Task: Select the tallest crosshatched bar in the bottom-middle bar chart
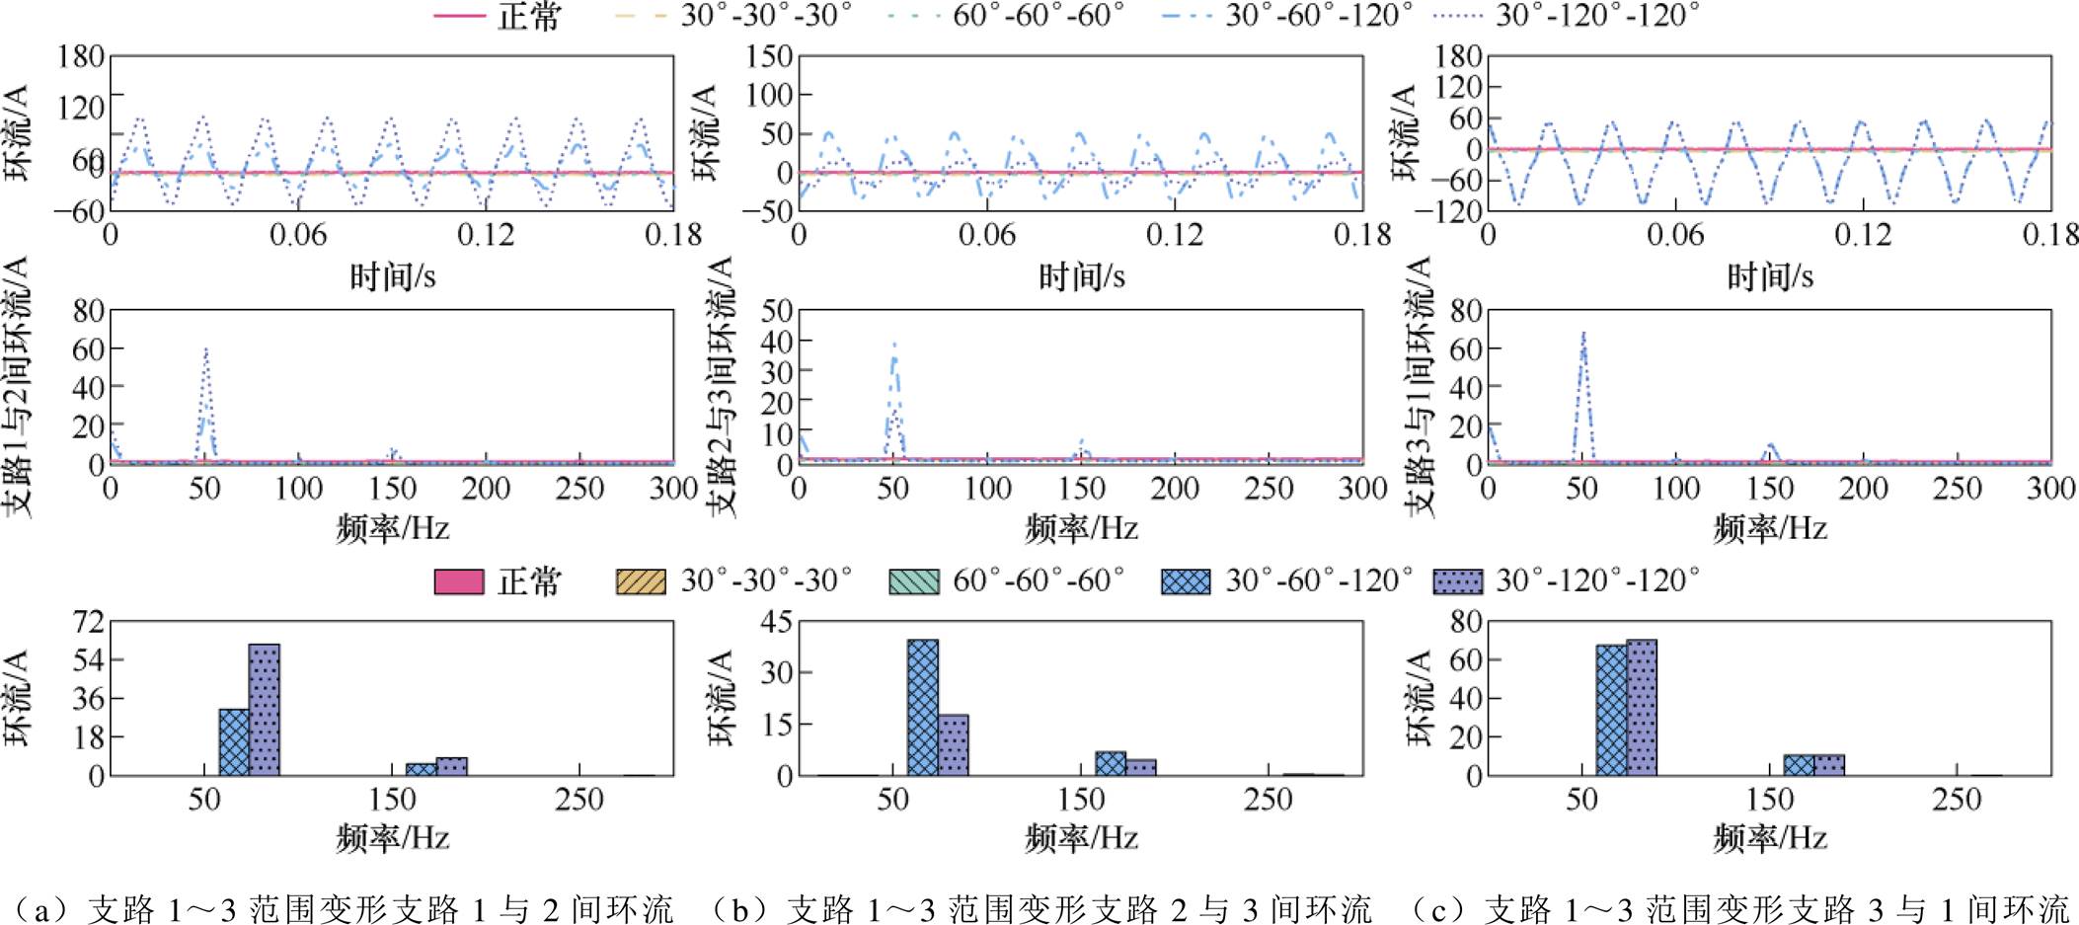[x=923, y=707]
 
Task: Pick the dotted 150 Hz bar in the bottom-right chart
[x=1829, y=765]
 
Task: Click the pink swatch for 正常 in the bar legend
[x=459, y=581]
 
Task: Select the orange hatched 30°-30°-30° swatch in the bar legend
[x=641, y=581]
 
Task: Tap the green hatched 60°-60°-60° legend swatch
[x=914, y=581]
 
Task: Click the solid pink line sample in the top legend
[x=459, y=16]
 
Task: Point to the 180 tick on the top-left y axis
[x=81, y=56]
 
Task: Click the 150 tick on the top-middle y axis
[x=770, y=56]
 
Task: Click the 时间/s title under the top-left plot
[x=392, y=276]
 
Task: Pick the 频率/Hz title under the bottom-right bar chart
[x=1770, y=838]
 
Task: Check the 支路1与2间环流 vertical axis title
[x=18, y=387]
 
